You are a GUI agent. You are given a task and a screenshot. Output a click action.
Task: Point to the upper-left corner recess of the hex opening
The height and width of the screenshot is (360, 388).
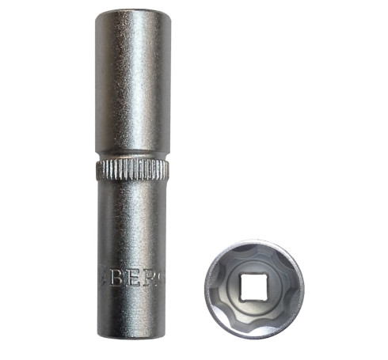[x=230, y=261]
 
